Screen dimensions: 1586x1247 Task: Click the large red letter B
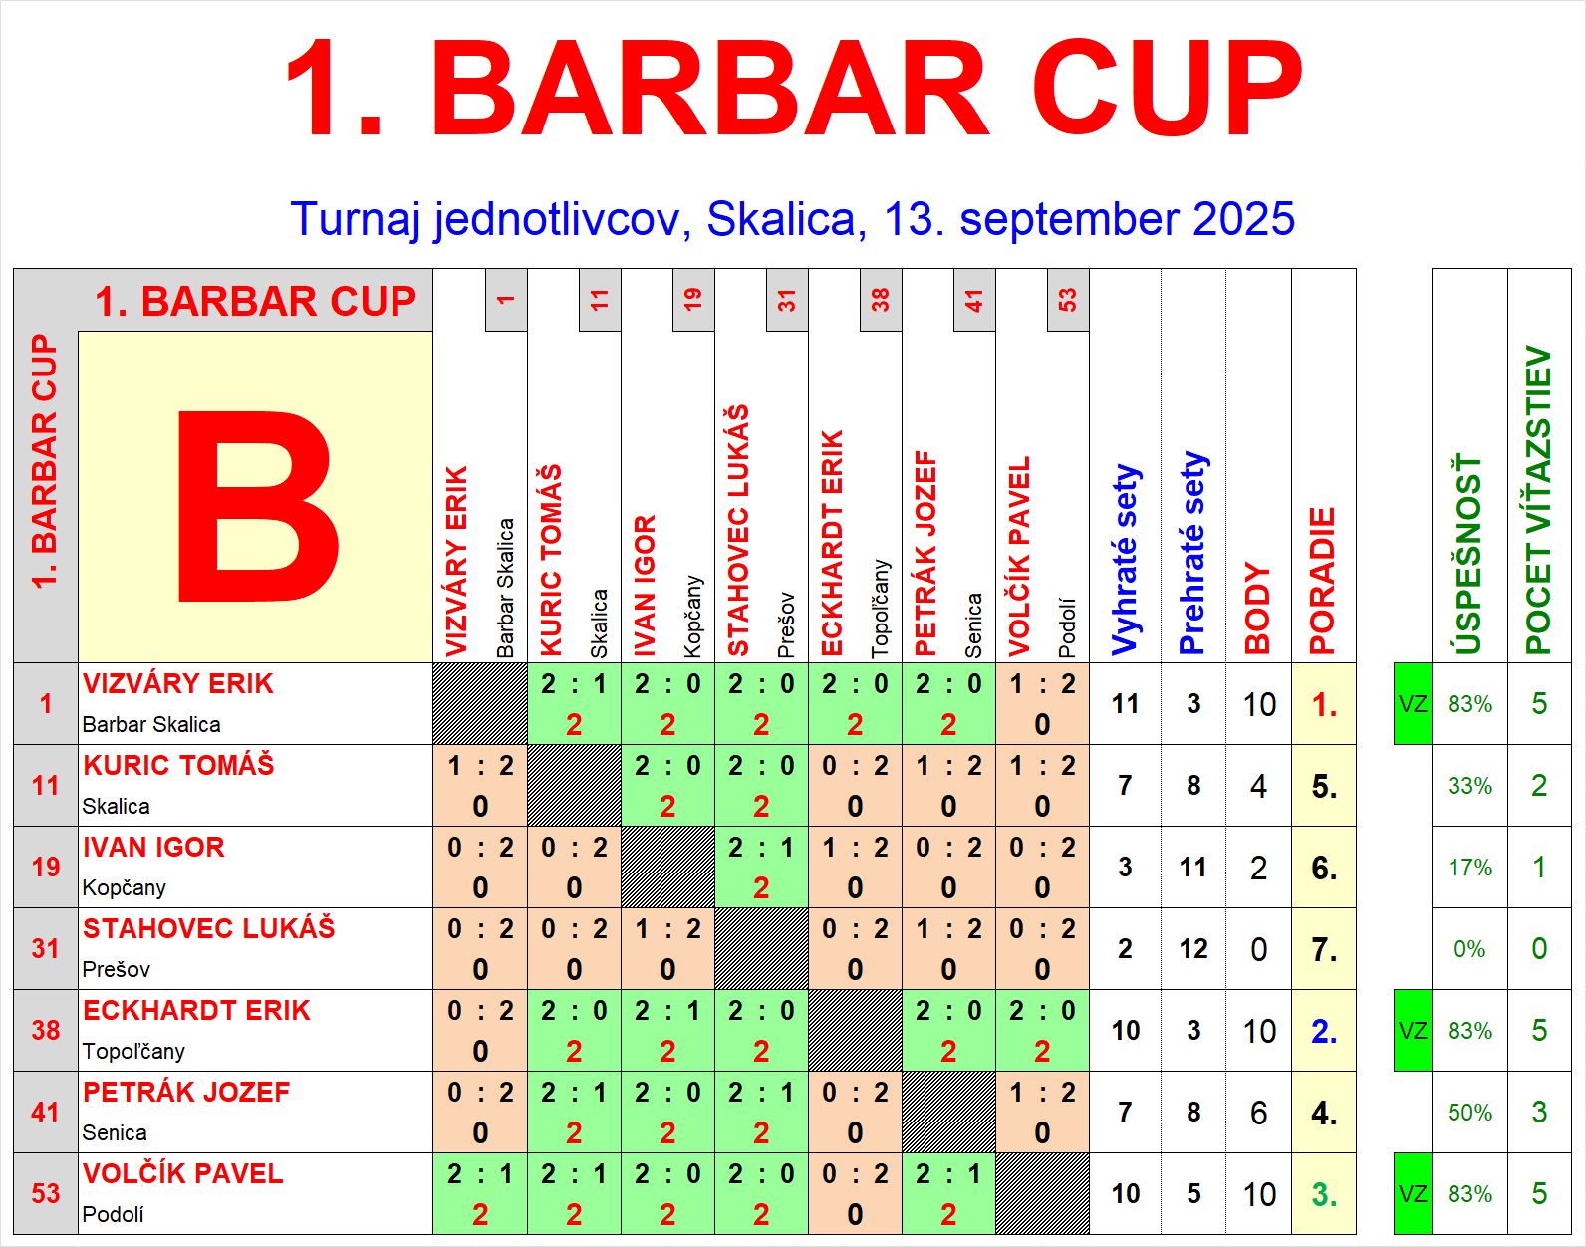pyautogui.click(x=258, y=506)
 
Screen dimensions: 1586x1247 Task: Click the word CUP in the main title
pyautogui.click(x=1169, y=90)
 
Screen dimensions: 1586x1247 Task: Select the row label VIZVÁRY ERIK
pyautogui.click(x=177, y=684)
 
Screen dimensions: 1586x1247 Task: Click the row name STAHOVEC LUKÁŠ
pyautogui.click(x=208, y=928)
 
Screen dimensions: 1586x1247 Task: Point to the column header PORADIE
pyautogui.click(x=1323, y=581)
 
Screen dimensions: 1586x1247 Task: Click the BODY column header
pyautogui.click(x=1258, y=609)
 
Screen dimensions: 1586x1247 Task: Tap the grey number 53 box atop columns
pyautogui.click(x=1068, y=300)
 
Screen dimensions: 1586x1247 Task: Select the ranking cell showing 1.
pyautogui.click(x=1324, y=705)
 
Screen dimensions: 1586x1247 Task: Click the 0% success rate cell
pyautogui.click(x=1469, y=949)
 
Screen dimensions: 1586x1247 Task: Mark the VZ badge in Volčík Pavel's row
pyautogui.click(x=1413, y=1194)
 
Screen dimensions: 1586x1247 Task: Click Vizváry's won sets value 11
pyautogui.click(x=1126, y=704)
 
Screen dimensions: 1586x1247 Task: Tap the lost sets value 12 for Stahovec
pyautogui.click(x=1193, y=949)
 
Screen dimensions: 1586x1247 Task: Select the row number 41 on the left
pyautogui.click(x=46, y=1113)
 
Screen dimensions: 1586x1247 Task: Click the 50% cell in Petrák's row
pyautogui.click(x=1469, y=1113)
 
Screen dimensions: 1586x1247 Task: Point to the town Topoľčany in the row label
pyautogui.click(x=133, y=1052)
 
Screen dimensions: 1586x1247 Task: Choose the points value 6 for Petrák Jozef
pyautogui.click(x=1259, y=1113)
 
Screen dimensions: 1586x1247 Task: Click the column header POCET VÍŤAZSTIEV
pyautogui.click(x=1539, y=500)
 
